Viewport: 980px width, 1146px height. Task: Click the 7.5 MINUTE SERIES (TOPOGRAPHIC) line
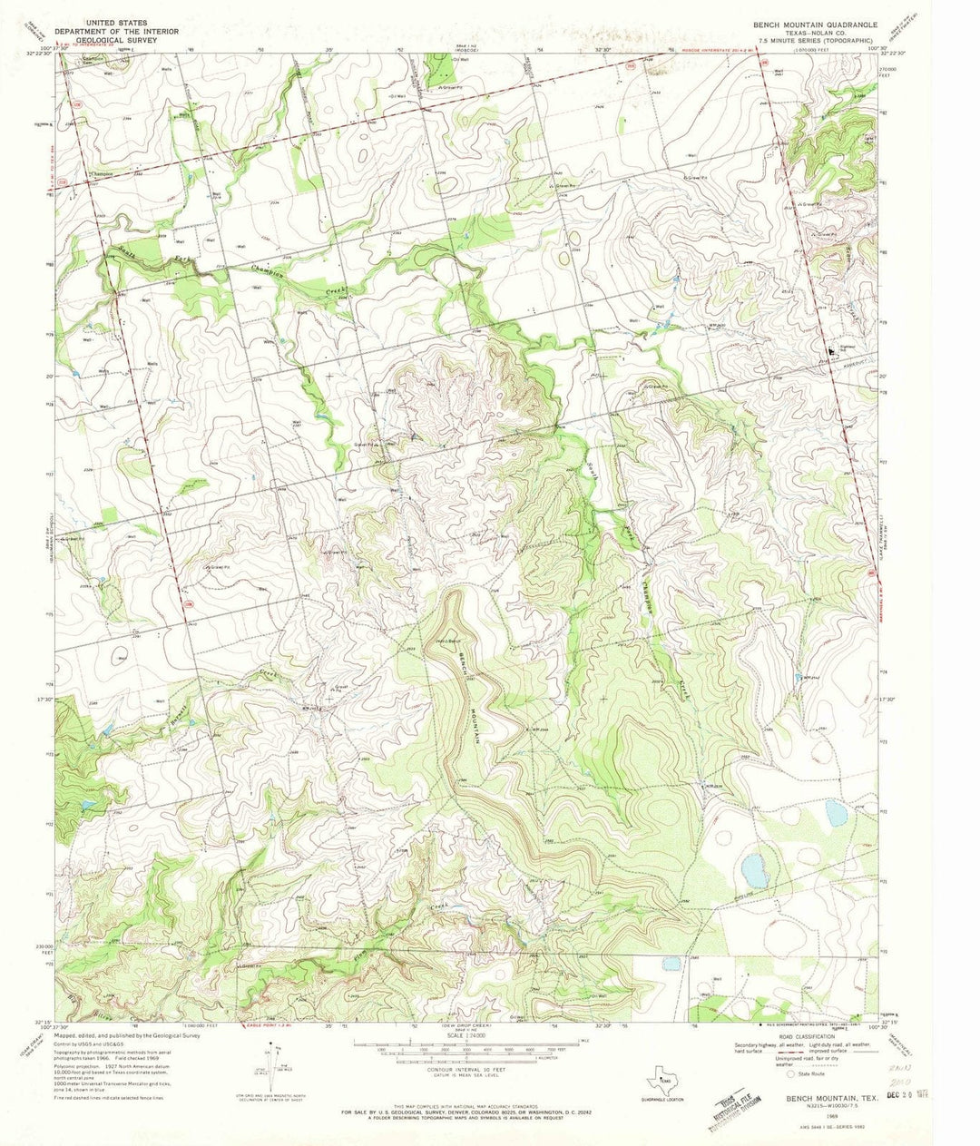click(812, 40)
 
